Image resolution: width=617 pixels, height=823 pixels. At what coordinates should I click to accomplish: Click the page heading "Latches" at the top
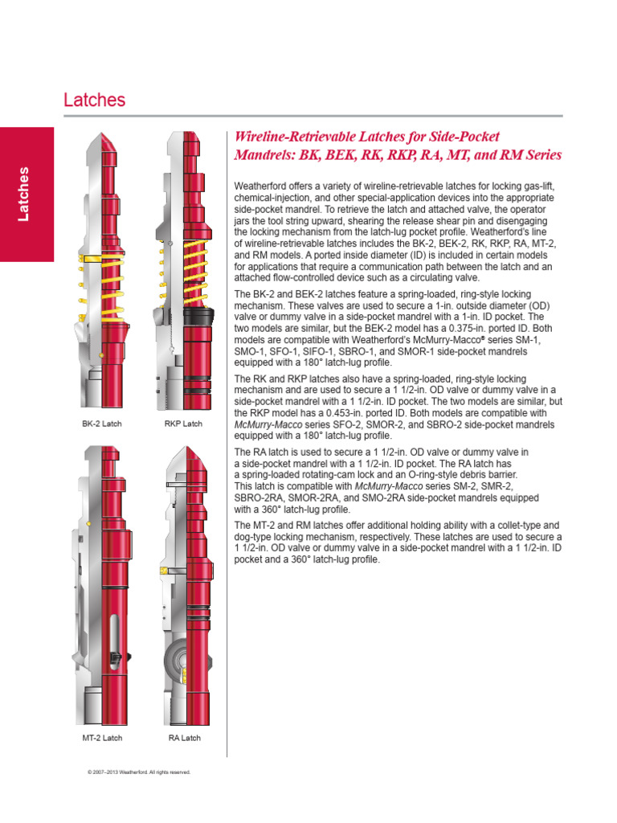tap(95, 100)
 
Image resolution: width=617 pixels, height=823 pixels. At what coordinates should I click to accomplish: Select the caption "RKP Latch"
tap(183, 424)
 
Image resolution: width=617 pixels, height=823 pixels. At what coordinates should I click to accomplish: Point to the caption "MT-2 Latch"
tap(101, 737)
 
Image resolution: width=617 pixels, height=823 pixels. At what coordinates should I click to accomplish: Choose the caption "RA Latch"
tap(184, 737)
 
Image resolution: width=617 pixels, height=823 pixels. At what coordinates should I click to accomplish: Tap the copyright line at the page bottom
tap(138, 772)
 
